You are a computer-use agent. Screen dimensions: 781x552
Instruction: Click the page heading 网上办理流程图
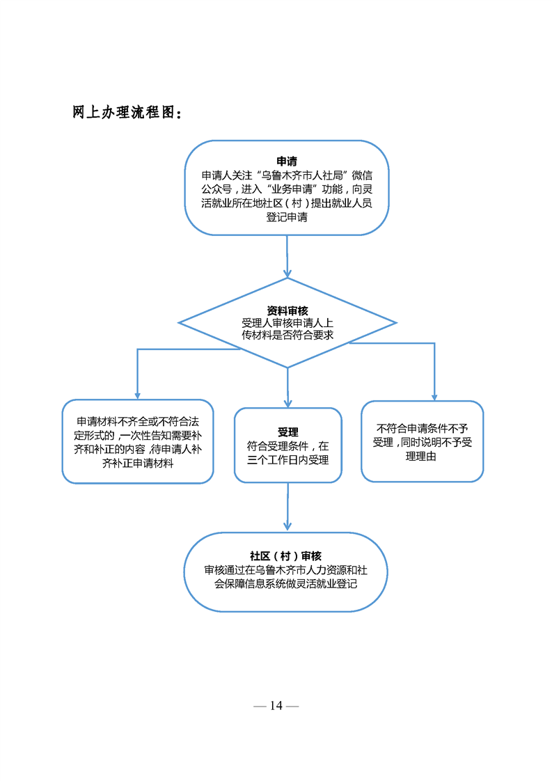(x=127, y=113)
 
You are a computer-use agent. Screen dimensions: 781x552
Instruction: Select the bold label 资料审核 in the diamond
(x=287, y=310)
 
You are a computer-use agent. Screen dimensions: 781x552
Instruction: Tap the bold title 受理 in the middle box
(x=287, y=432)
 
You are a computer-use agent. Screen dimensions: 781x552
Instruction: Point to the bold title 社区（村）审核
(x=285, y=555)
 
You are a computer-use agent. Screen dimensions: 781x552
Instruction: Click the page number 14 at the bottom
(x=276, y=706)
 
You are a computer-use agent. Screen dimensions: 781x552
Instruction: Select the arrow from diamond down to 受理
(x=287, y=387)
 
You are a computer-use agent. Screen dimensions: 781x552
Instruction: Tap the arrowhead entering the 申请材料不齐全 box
(x=138, y=395)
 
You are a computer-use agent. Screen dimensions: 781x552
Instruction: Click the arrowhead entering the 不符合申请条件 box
(x=435, y=396)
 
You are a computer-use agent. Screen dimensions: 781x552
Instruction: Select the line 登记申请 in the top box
(x=287, y=217)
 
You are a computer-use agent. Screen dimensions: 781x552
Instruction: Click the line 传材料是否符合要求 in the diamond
(x=287, y=336)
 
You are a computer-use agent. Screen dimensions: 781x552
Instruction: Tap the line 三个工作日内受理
(x=287, y=460)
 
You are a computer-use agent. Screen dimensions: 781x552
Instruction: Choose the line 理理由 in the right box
(x=422, y=457)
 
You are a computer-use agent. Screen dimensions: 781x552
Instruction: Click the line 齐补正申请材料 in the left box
(x=138, y=464)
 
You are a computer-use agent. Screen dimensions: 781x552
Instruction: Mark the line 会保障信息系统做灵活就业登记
(x=285, y=584)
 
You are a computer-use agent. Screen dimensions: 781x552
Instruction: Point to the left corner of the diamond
(x=180, y=322)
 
